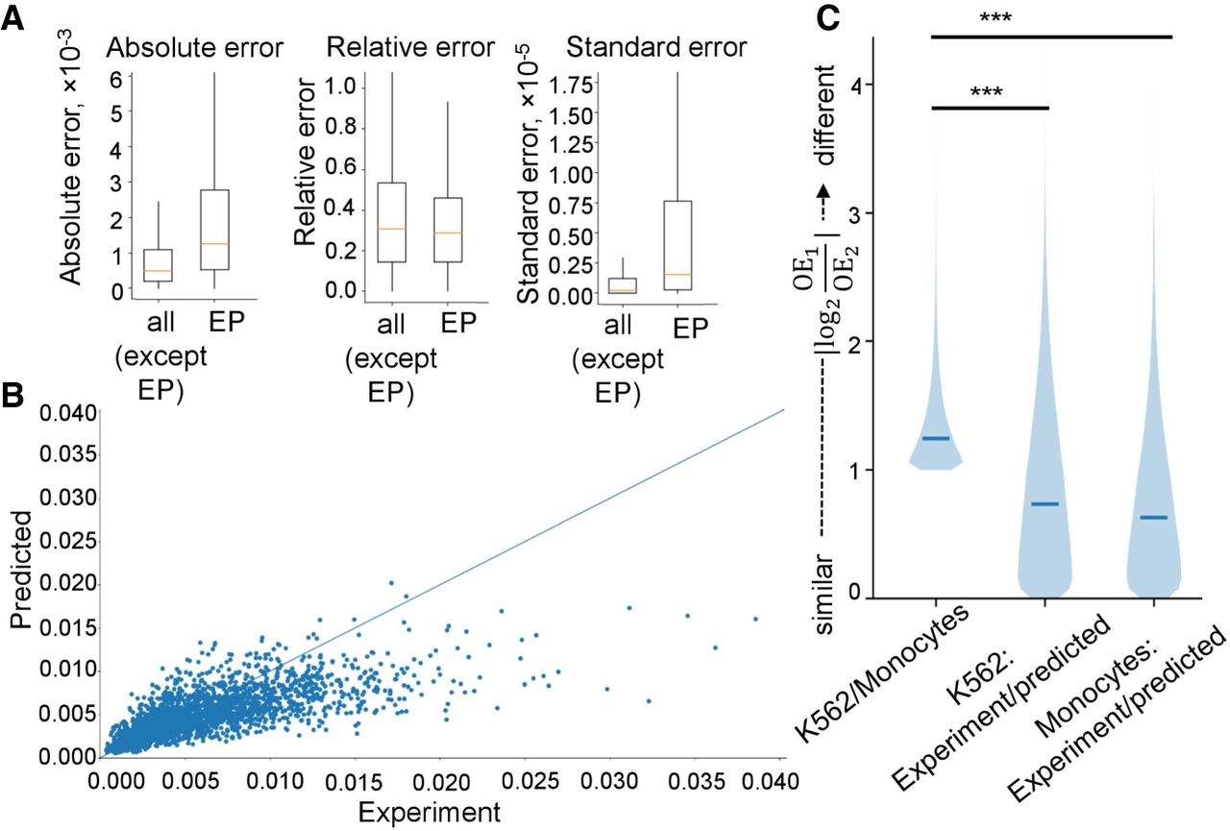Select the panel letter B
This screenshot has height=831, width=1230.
click(x=12, y=396)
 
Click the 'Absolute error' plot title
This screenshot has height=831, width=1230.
click(x=194, y=48)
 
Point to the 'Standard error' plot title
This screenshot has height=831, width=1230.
click(x=656, y=47)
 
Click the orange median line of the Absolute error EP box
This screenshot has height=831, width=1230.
click(x=214, y=243)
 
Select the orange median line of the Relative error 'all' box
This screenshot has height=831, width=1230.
click(x=391, y=229)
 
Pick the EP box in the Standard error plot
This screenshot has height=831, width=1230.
click(x=677, y=245)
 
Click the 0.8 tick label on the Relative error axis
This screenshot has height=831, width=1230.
click(x=341, y=128)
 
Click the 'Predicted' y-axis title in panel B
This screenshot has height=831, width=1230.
click(x=22, y=570)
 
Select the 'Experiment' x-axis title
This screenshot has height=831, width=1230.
click(x=430, y=812)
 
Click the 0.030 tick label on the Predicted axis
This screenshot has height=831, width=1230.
click(x=68, y=498)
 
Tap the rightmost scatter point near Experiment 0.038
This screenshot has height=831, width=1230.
click(x=755, y=619)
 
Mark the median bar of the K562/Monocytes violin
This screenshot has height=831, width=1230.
click(x=936, y=438)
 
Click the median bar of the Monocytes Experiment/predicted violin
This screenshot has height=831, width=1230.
click(x=1154, y=518)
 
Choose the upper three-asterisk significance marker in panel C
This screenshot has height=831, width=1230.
click(x=996, y=17)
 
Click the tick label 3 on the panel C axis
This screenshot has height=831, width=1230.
click(x=854, y=214)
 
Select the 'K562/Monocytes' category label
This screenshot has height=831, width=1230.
click(x=881, y=674)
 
